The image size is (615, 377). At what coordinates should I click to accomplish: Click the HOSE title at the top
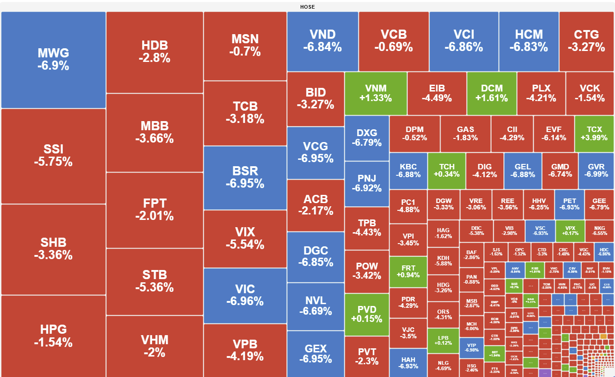[x=307, y=7]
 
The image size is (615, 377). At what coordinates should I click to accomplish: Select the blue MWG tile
[x=53, y=60]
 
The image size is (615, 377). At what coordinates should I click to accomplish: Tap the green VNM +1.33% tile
[x=375, y=93]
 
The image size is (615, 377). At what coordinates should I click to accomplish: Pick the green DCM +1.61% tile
[x=492, y=93]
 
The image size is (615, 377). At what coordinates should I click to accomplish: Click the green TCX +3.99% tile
[x=594, y=133]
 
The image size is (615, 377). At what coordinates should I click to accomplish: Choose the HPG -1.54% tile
[x=53, y=336]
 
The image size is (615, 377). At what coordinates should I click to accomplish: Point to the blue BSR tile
[x=245, y=177]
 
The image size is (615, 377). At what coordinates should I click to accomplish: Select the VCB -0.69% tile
[x=394, y=41]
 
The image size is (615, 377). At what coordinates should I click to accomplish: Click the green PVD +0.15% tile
[x=367, y=314]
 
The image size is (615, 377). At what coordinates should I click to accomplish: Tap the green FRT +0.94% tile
[x=408, y=271]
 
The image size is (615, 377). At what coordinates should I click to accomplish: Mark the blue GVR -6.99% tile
[x=596, y=171]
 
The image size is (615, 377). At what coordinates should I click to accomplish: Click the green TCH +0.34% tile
[x=446, y=171]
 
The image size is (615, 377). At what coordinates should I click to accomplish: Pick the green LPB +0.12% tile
[x=443, y=341]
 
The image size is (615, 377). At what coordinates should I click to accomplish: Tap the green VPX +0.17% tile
[x=570, y=230]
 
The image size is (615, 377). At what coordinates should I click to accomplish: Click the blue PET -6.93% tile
[x=569, y=204]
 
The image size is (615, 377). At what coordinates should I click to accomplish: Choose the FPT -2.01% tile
[x=154, y=209]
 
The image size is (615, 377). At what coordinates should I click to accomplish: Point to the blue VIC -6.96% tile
[x=245, y=295]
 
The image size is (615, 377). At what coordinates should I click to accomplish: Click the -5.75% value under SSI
[x=53, y=162]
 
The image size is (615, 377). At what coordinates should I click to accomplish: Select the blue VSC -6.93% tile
[x=540, y=230]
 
